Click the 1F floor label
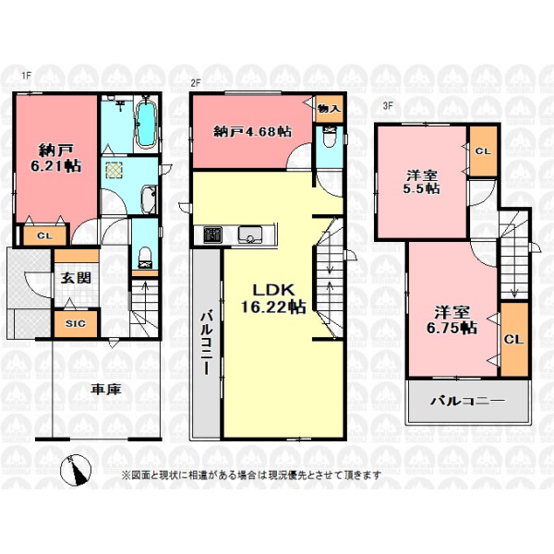tap(27, 76)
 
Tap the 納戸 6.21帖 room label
tap(56, 158)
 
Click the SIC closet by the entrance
tap(76, 323)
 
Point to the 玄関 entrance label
tap(76, 278)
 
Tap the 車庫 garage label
tap(106, 390)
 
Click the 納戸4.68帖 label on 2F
tap(252, 132)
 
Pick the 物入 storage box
tap(329, 109)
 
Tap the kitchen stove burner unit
tap(212, 235)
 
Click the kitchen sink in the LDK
tap(250, 235)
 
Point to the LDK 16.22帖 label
tap(273, 299)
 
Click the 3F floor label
tap(388, 105)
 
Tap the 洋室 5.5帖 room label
tap(422, 182)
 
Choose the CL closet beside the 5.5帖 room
tap(483, 151)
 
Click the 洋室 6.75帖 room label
tap(452, 320)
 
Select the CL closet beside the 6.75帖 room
tap(514, 340)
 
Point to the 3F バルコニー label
tap(467, 401)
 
